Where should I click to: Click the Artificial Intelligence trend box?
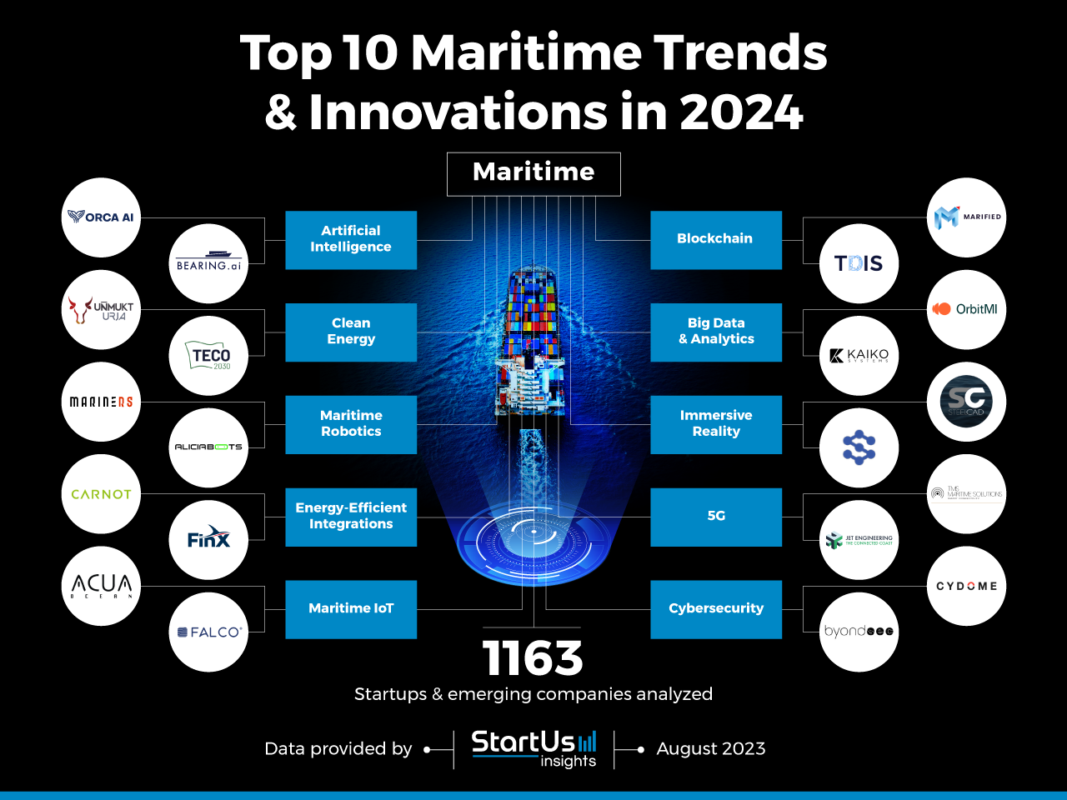tap(351, 239)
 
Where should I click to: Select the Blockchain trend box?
tap(716, 239)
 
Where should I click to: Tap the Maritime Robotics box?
tap(351, 424)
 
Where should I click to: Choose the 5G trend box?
tap(716, 517)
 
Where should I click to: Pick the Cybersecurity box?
tap(716, 609)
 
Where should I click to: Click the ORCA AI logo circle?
tap(101, 217)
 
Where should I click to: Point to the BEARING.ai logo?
tap(208, 264)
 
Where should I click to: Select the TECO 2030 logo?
tap(208, 356)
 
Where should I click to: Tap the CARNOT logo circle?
tap(101, 494)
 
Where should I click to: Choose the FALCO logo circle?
tap(208, 632)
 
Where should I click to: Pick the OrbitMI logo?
tap(966, 309)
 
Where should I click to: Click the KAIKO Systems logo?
tap(859, 356)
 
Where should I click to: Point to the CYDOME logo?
tap(966, 586)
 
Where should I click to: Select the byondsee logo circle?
tap(859, 632)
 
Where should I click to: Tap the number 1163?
tap(533, 658)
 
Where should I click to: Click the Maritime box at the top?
tap(533, 173)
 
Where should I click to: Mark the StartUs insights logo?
tap(534, 747)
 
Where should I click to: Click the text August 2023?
tap(711, 749)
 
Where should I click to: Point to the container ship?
tap(532, 350)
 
